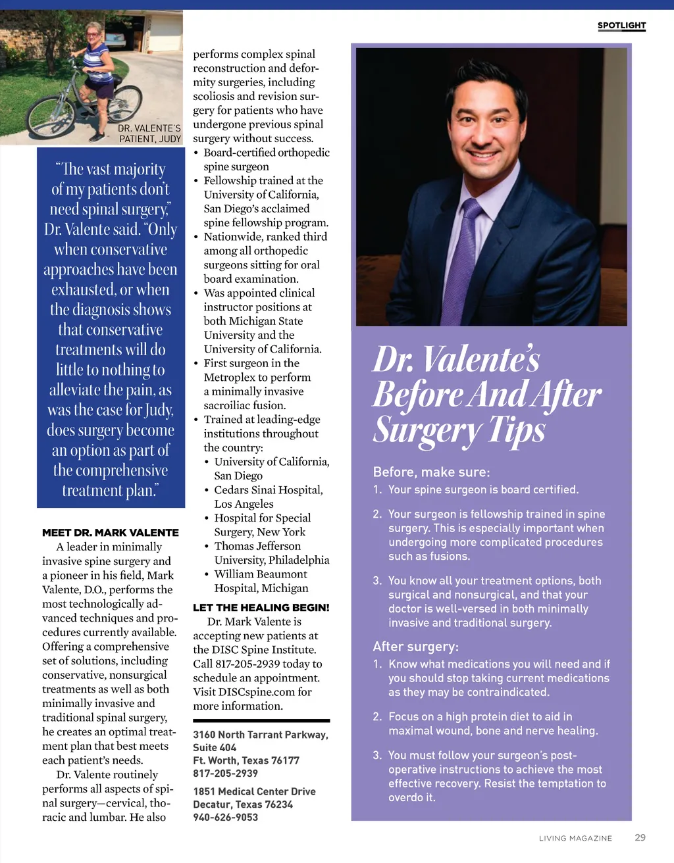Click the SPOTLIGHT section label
[x=621, y=26]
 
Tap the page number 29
[x=640, y=837]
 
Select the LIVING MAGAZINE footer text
[x=575, y=838]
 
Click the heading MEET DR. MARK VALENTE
[x=111, y=532]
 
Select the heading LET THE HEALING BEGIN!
[x=261, y=607]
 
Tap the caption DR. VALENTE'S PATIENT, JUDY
[x=149, y=134]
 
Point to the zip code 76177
[x=286, y=760]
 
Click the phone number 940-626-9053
[x=225, y=817]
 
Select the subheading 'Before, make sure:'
[x=431, y=472]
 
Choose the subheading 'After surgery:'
[x=415, y=647]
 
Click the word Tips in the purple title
[x=517, y=431]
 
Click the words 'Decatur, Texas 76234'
[x=243, y=804]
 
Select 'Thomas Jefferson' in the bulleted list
[x=257, y=546]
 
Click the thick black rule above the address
[x=261, y=720]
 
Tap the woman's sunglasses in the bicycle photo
[x=92, y=33]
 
